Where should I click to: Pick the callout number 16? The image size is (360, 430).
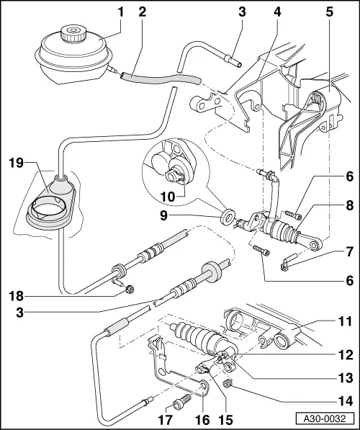pyautogui.click(x=202, y=417)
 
